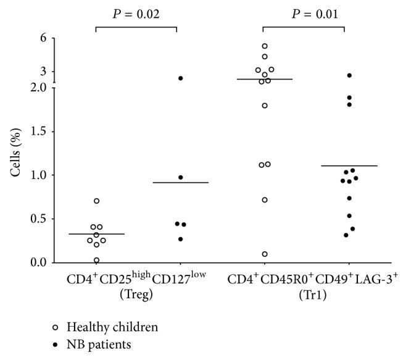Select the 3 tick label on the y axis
pos(43,72)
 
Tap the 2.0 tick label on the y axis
pos(39,88)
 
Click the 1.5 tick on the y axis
pos(39,132)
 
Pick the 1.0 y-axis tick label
pos(39,175)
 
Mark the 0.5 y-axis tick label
pos(39,219)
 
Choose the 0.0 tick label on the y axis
pos(39,263)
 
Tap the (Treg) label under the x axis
pos(136,293)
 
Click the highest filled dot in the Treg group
pos(181,78)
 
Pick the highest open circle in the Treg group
pos(97,201)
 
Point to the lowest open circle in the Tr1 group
pos(265,254)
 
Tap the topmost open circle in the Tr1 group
pos(265,46)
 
